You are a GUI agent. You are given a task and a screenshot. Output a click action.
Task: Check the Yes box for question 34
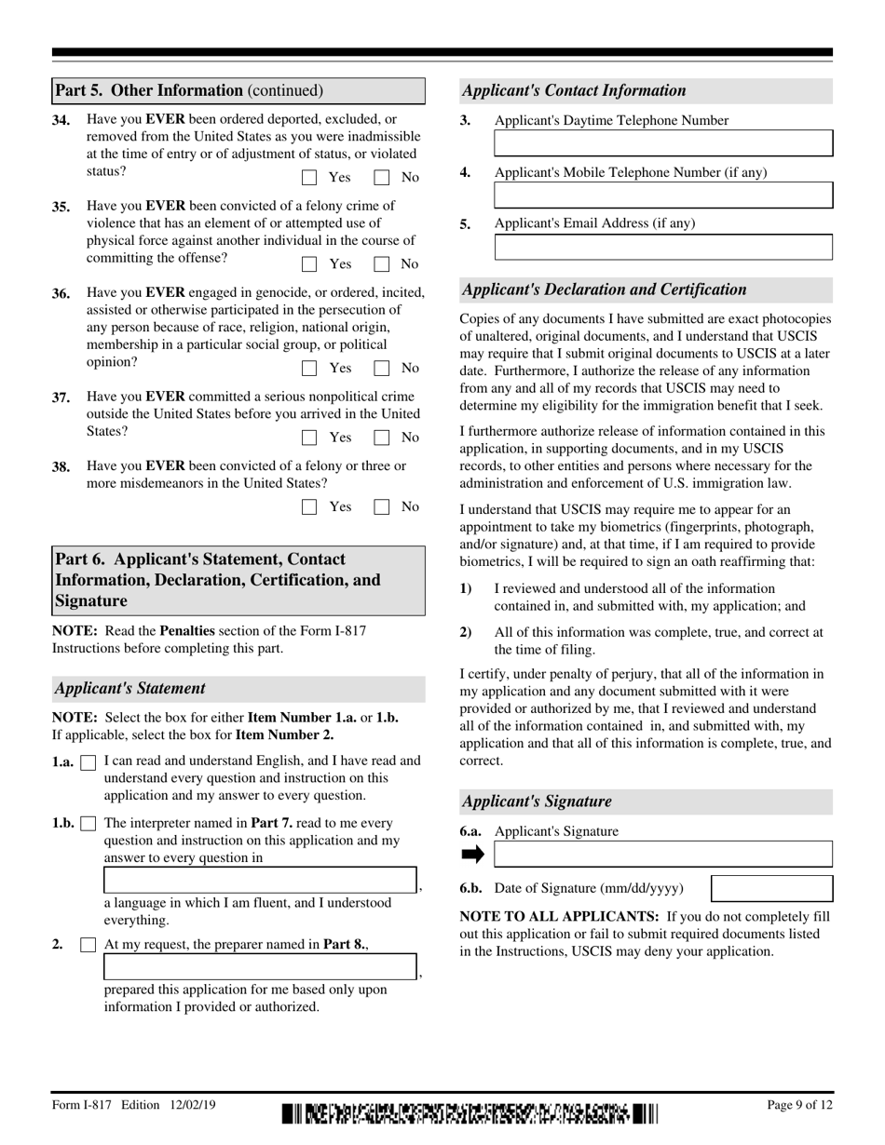(x=310, y=178)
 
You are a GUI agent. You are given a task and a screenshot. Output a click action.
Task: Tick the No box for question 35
(x=381, y=264)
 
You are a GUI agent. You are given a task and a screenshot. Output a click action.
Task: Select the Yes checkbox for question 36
(x=310, y=369)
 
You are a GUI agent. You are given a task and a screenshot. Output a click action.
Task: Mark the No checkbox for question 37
(x=381, y=438)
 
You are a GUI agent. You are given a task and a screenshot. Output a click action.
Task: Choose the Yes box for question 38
(x=310, y=507)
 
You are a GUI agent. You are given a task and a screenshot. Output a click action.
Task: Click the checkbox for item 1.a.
(x=88, y=762)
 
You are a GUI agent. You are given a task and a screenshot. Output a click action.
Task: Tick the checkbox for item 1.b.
(x=88, y=824)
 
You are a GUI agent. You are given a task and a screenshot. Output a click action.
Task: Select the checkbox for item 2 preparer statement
(x=88, y=945)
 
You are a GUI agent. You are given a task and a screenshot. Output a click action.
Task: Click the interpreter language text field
(x=260, y=881)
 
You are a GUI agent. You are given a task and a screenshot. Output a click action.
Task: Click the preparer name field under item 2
(x=260, y=966)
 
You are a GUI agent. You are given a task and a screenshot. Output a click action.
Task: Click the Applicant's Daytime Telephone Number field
(x=662, y=143)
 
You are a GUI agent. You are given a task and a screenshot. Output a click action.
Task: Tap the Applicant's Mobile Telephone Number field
(x=662, y=195)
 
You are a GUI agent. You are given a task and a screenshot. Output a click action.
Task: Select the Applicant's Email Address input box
(x=662, y=247)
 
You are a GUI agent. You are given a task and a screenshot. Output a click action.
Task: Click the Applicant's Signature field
(x=662, y=855)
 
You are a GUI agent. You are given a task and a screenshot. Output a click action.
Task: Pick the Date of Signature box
(x=771, y=889)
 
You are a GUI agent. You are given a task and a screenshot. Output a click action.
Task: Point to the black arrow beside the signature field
(x=473, y=855)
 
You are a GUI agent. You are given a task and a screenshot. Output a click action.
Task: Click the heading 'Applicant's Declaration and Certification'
(x=604, y=290)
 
